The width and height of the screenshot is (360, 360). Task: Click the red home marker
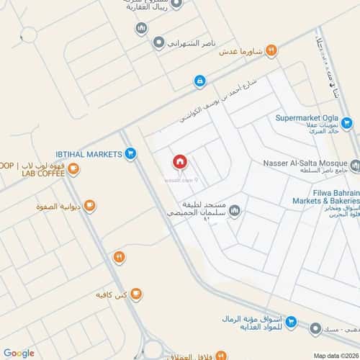(x=179, y=163)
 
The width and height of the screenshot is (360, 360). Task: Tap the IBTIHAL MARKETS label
(x=89, y=153)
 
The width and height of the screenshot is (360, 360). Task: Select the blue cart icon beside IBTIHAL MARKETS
(x=130, y=153)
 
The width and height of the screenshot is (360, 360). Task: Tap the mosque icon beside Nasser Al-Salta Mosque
(x=355, y=165)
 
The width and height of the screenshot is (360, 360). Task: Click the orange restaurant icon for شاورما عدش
(x=271, y=50)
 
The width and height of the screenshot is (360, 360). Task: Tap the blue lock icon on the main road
(x=199, y=82)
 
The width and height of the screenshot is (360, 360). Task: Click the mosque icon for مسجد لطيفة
(x=233, y=211)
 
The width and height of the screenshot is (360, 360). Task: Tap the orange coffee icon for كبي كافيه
(x=136, y=294)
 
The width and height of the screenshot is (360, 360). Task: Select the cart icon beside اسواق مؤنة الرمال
(x=291, y=323)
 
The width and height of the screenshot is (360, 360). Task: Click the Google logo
(x=19, y=353)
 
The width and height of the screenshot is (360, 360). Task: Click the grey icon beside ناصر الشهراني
(x=158, y=43)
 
